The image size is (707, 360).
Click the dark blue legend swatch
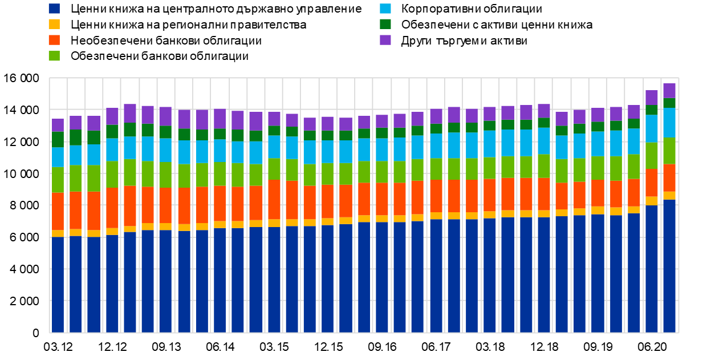tap(54, 9)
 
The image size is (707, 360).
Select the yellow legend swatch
tap(54, 24)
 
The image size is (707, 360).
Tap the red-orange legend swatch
tap(54, 40)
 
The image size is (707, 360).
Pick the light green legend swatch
tap(54, 56)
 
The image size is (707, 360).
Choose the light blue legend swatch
tap(385, 9)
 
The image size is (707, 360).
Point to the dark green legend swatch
tap(385, 24)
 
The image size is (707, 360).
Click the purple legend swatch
tap(385, 40)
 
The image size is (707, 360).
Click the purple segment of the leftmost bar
tap(58, 125)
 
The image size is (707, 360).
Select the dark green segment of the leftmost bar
tap(58, 140)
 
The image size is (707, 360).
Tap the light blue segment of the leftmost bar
tap(58, 157)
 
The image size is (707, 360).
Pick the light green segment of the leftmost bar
tap(58, 180)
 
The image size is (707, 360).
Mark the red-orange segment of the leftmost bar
tap(58, 211)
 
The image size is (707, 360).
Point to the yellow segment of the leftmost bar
tap(58, 233)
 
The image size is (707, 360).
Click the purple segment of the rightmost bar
tap(669, 91)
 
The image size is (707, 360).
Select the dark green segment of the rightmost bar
tap(669, 103)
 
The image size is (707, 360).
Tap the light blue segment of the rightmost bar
tap(669, 123)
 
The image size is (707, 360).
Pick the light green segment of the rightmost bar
tap(669, 151)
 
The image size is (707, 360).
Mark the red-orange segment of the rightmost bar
tap(669, 178)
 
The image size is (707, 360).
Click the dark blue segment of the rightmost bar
tap(669, 265)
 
